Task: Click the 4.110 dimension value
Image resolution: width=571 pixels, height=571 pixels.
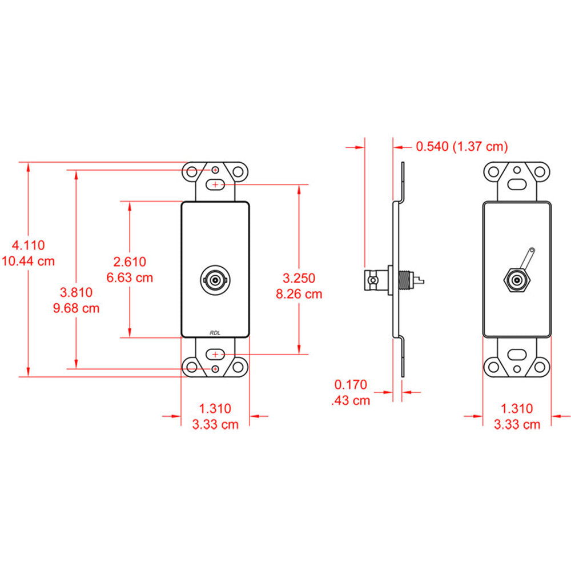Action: click(29, 245)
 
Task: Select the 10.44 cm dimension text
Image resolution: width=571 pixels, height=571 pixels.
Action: click(29, 261)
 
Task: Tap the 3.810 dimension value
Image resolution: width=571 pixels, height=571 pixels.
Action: click(77, 293)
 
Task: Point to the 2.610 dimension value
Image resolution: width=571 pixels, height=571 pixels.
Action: click(130, 262)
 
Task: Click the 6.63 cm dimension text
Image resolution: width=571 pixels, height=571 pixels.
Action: click(130, 278)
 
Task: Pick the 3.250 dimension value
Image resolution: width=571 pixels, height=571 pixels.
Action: click(299, 278)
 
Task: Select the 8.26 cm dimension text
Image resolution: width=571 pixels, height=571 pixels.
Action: click(299, 294)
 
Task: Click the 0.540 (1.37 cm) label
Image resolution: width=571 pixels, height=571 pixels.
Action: click(461, 146)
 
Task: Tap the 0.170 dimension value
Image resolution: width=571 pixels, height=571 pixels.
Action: click(351, 384)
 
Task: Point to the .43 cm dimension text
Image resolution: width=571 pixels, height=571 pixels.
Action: click(351, 400)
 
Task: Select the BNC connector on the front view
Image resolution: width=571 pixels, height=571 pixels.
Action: click(215, 280)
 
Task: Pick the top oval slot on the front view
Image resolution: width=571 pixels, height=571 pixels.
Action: click(215, 184)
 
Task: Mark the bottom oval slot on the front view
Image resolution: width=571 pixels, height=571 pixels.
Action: click(215, 355)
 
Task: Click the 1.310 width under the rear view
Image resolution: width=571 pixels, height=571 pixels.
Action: click(516, 408)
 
